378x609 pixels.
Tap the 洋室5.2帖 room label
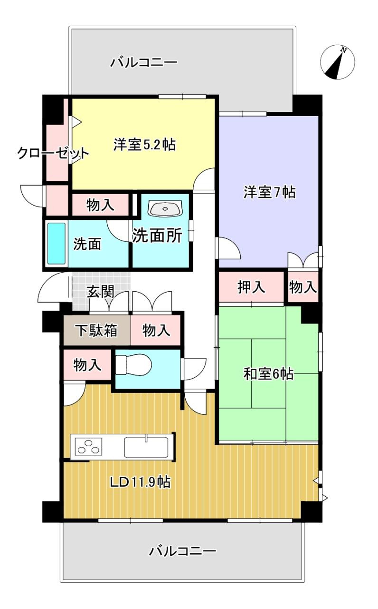pos(144,145)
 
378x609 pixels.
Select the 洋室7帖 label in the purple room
pos(270,192)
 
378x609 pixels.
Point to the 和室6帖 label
pos(268,374)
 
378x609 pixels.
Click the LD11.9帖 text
pos(141,482)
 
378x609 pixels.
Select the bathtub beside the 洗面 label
pos(56,244)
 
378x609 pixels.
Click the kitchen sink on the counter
pos(146,447)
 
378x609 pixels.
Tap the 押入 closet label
pos(252,287)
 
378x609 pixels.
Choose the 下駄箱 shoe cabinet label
pos(97,330)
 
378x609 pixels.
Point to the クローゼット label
pos(53,153)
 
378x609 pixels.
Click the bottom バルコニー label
pos(183,551)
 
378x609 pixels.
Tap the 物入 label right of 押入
pos(303,287)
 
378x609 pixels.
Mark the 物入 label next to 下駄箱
pos(156,330)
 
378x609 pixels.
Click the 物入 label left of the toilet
pos(87,365)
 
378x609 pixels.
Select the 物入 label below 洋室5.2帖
pos(100,205)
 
